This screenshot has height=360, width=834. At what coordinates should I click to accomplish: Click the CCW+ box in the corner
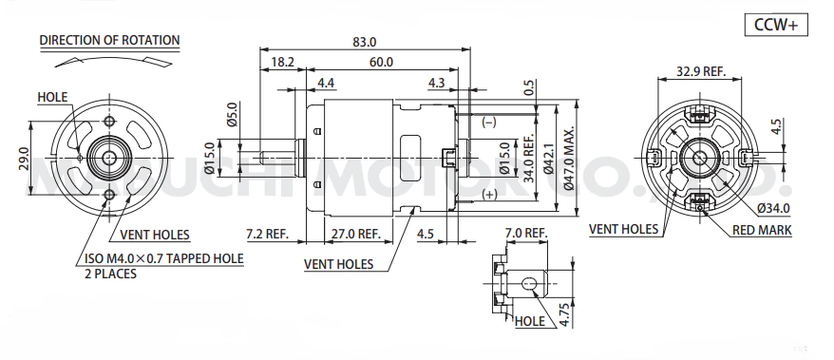pos(776,25)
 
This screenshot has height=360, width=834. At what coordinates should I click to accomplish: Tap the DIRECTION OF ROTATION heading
pos(109,41)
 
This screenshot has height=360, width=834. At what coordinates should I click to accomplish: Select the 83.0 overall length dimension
pos(365,42)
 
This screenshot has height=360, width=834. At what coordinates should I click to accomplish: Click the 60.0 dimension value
pos(381,62)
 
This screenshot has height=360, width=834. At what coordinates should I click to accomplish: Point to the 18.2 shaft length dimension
pos(282,62)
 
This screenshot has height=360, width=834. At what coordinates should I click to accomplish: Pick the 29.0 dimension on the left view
pos(24,159)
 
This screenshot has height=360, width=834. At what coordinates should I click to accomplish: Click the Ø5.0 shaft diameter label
pos(232,114)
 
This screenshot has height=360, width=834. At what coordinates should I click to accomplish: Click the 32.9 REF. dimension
pos(701,71)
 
